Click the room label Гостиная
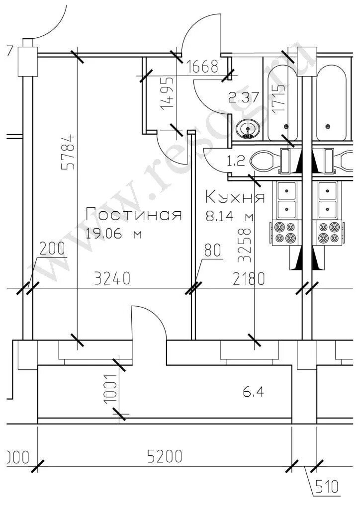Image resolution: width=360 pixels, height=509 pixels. [133, 214]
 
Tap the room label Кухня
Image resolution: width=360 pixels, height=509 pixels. [235, 197]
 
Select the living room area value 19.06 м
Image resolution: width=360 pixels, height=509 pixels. [113, 234]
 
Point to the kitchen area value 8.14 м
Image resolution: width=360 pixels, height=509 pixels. [229, 216]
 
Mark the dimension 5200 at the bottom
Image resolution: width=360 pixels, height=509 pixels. [164, 456]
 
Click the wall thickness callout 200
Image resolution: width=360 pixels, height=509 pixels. [52, 249]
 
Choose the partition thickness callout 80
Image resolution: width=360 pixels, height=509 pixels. [212, 251]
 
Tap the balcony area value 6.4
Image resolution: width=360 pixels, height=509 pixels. [253, 392]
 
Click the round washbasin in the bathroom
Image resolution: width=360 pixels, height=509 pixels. [247, 130]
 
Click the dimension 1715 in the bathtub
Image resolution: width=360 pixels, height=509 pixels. [279, 97]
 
